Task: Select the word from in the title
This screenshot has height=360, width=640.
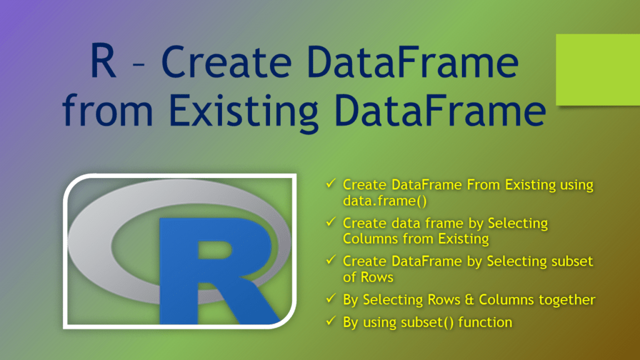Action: pyautogui.click(x=111, y=112)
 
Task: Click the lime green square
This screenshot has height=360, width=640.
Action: pyautogui.click(x=597, y=69)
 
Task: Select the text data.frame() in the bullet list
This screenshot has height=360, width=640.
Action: pyautogui.click(x=377, y=201)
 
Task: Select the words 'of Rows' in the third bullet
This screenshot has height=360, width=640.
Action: pyautogui.click(x=367, y=277)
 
